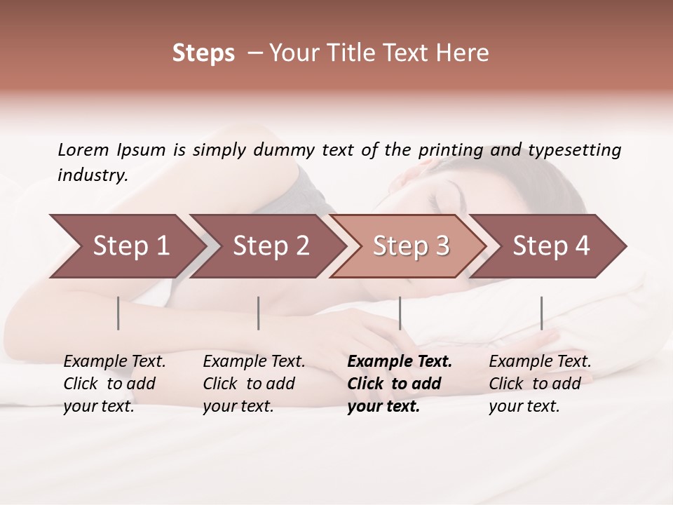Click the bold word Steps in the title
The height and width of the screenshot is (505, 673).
click(x=203, y=53)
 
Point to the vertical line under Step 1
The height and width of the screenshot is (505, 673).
click(x=118, y=313)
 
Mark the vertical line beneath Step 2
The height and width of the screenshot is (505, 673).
click(x=258, y=313)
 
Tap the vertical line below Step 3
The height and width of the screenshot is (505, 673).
click(x=400, y=313)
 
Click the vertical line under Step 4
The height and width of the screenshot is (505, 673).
click(x=541, y=313)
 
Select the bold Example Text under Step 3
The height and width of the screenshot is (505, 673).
click(x=400, y=383)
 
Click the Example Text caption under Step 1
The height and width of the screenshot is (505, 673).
click(x=114, y=383)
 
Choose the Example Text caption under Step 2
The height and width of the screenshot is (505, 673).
click(x=254, y=383)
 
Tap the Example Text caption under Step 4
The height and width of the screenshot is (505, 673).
click(x=540, y=383)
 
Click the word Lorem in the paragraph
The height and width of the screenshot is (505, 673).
click(x=83, y=150)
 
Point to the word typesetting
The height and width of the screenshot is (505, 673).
click(x=574, y=150)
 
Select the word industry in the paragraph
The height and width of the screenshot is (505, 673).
click(x=92, y=175)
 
